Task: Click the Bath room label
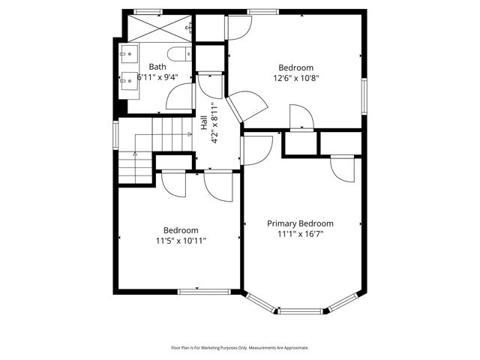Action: pyautogui.click(x=157, y=67)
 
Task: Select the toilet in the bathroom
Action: pyautogui.click(x=178, y=55)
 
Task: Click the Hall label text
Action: pyautogui.click(x=203, y=121)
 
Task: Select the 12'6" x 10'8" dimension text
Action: pyautogui.click(x=295, y=76)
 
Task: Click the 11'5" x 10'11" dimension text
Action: pyautogui.click(x=181, y=241)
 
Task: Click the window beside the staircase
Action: pyautogui.click(x=115, y=135)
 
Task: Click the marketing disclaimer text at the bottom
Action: pyautogui.click(x=240, y=347)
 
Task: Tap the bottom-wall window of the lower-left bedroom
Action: pyautogui.click(x=198, y=291)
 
